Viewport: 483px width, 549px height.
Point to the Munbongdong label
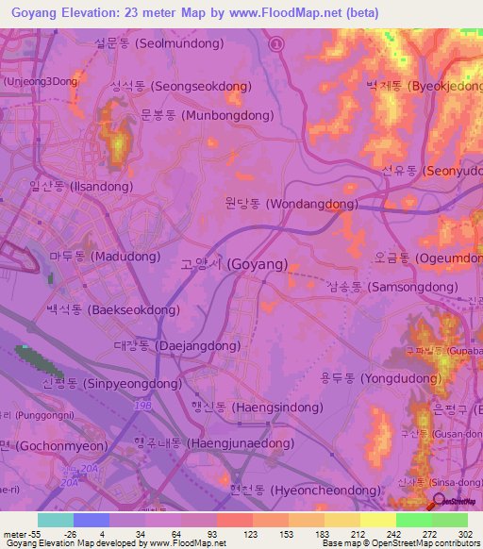tap(207, 116)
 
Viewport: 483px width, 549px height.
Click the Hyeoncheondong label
tap(303, 491)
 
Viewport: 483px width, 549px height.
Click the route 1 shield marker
tap(276, 43)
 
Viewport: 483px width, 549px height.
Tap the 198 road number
tap(142, 404)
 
